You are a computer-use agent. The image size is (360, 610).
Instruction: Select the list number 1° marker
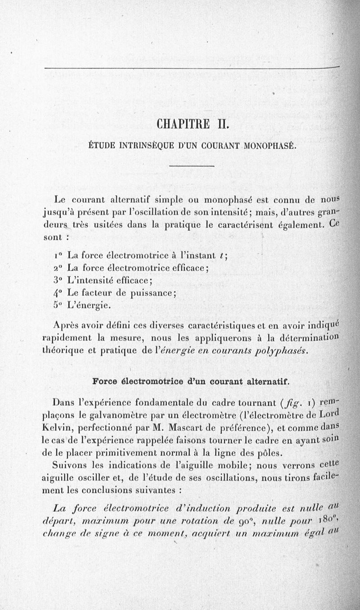coord(57,256)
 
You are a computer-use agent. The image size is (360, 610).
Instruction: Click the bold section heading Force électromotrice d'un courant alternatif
coord(191,381)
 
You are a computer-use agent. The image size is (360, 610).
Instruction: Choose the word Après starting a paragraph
coord(67,326)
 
